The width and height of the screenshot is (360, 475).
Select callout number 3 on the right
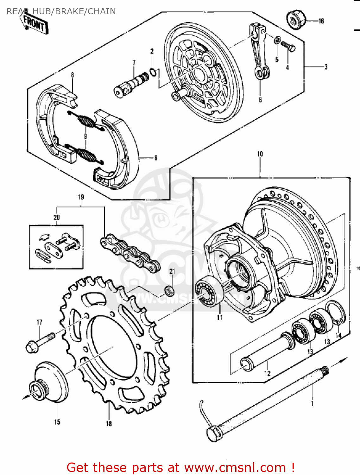tap(326, 67)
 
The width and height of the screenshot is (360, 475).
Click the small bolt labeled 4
tap(288, 47)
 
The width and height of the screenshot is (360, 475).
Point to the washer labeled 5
tap(277, 40)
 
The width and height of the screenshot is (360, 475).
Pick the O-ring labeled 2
tap(153, 72)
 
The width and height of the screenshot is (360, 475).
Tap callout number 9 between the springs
tap(85, 136)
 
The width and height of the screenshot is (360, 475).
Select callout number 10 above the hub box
tap(260, 154)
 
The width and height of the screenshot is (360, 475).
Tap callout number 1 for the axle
tap(312, 403)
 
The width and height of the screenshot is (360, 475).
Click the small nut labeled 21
tap(169, 290)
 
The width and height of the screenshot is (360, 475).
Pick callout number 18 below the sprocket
tap(109, 423)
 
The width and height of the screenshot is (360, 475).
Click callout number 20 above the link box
tap(57, 217)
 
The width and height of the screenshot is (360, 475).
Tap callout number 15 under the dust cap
tap(57, 422)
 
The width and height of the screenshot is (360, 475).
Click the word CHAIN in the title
tap(102, 11)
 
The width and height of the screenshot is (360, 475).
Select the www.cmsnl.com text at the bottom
tap(235, 468)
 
